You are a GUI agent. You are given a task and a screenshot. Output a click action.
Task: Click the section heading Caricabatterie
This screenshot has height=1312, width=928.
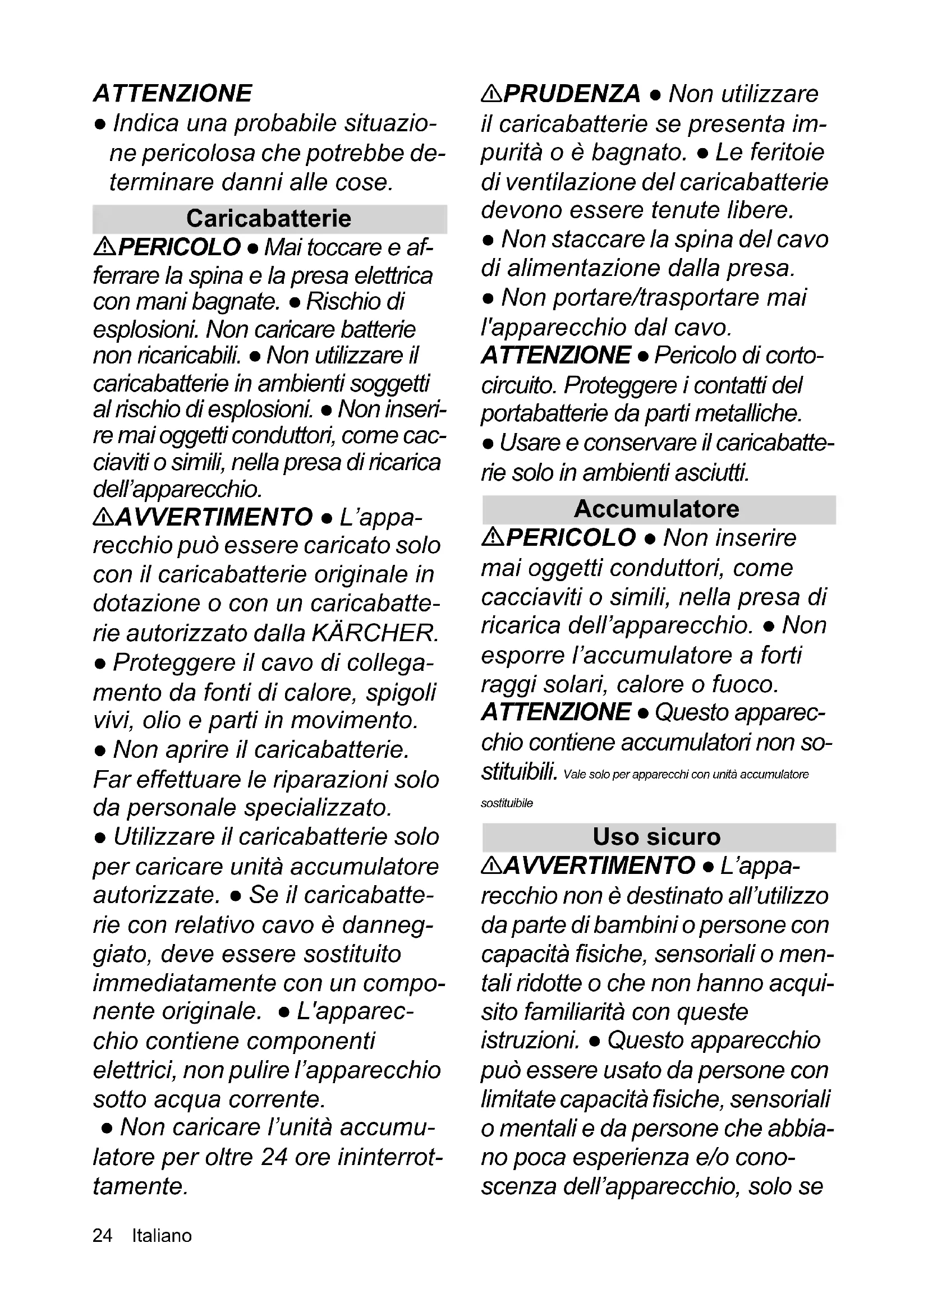coord(269,219)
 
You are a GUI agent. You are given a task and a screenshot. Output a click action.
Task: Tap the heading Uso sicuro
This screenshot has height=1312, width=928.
coord(656,837)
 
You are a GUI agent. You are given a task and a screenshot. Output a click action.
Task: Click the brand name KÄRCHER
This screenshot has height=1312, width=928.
coord(375,633)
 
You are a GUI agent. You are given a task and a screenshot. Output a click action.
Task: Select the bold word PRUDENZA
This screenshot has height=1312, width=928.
coord(572,94)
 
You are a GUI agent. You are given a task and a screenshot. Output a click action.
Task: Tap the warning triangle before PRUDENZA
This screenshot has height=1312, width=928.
coord(491,93)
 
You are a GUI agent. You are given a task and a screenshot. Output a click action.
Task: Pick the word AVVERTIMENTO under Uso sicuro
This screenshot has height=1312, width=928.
coord(599,866)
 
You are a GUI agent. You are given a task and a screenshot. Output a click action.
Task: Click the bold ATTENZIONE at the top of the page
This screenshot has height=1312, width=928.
coord(173,94)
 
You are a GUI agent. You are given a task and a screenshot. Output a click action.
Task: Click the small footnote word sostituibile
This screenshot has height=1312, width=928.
coord(507,803)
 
